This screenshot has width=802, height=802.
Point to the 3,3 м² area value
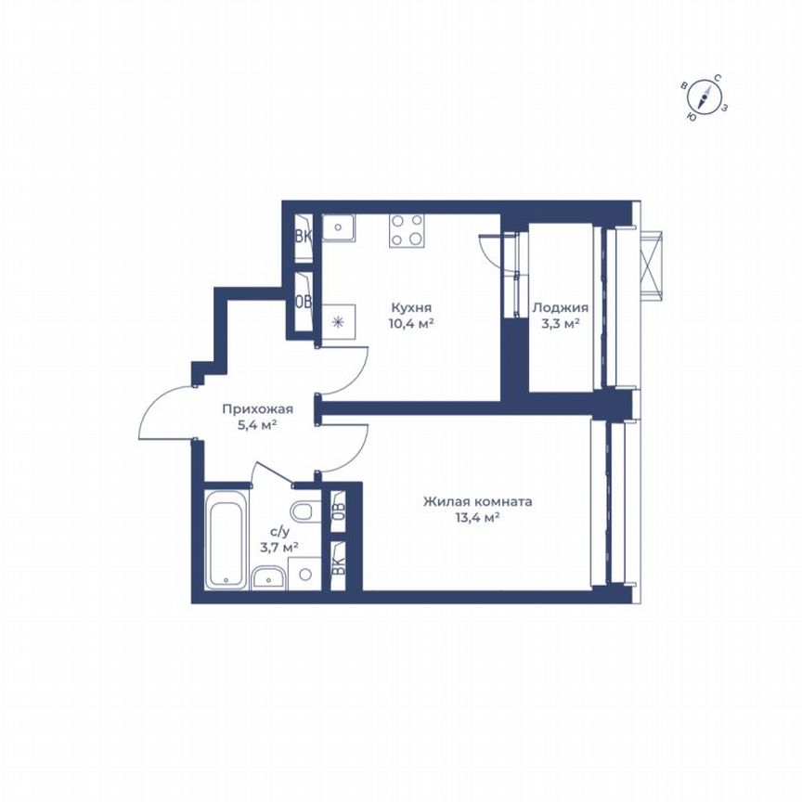(560, 324)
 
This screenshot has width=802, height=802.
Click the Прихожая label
(257, 408)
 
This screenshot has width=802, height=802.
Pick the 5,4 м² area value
(257, 425)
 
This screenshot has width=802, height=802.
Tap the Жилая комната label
(477, 502)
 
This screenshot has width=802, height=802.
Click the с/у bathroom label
(278, 531)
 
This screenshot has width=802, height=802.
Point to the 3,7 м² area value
(278, 547)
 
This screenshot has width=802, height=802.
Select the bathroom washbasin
(270, 579)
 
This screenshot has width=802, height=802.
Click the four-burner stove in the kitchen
(407, 230)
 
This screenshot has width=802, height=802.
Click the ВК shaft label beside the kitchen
(303, 236)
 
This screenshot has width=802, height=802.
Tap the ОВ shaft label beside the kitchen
(303, 301)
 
